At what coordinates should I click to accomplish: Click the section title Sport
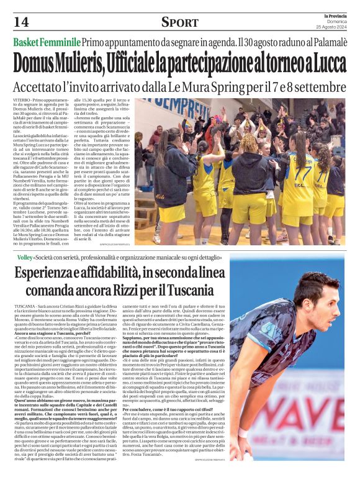coord(180,22)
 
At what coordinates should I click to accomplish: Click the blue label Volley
coord(24,256)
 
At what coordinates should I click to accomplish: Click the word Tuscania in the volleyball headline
coord(196,289)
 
